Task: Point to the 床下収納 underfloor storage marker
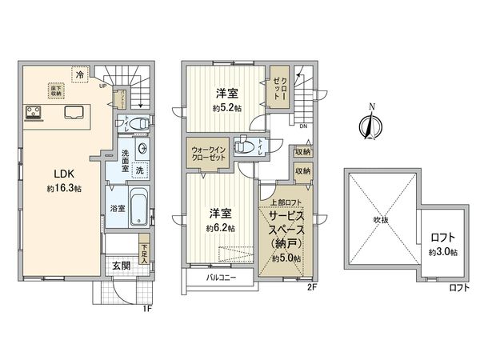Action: (x=54, y=90)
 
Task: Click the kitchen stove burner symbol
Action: (x=34, y=113)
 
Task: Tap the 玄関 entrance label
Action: (x=121, y=265)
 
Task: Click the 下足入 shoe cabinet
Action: (x=143, y=254)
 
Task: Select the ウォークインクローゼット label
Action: (x=210, y=154)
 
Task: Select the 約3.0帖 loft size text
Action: (x=442, y=251)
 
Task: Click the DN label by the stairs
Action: (x=302, y=126)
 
